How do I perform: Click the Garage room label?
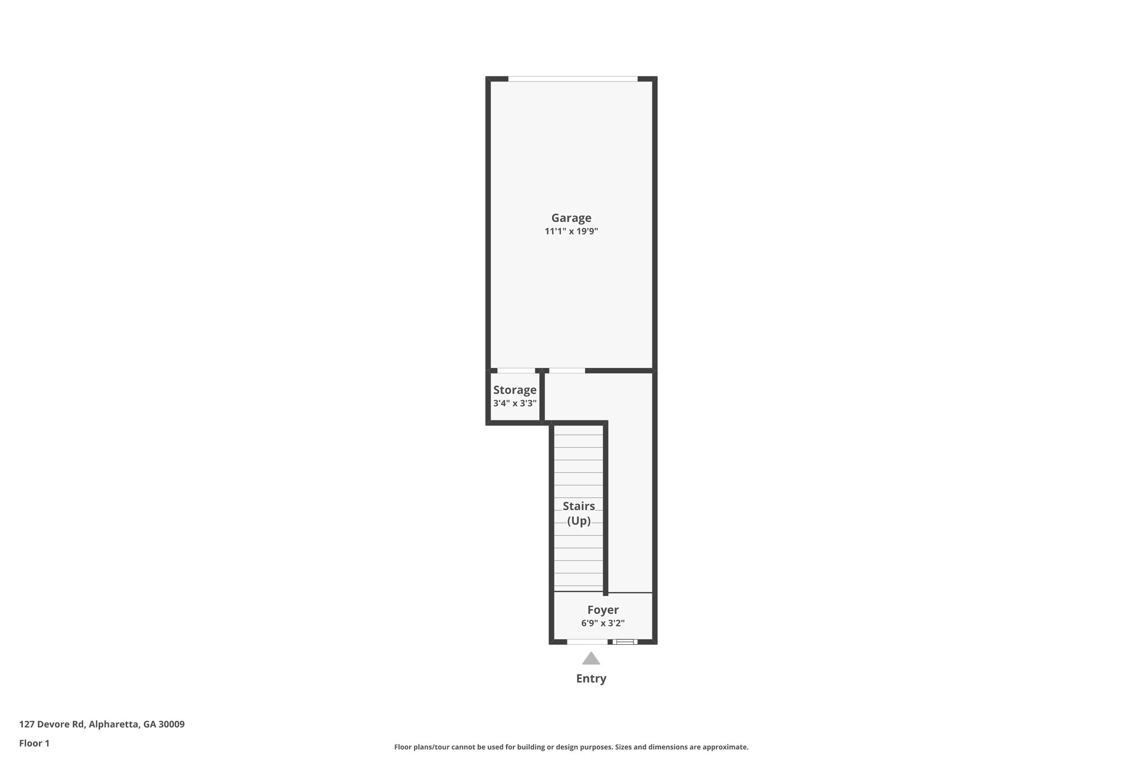tap(571, 218)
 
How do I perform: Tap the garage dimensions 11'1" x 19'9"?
tap(571, 231)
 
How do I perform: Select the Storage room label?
tap(515, 390)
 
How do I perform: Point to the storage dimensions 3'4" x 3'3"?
tap(515, 403)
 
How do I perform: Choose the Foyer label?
tap(603, 610)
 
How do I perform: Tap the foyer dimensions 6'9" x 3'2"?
tap(603, 623)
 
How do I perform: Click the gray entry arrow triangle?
tap(591, 659)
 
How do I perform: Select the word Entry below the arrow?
tap(591, 679)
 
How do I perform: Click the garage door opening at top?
tap(573, 79)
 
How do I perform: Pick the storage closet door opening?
tap(516, 371)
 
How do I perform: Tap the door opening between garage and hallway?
tap(567, 371)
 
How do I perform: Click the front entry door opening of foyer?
tap(587, 642)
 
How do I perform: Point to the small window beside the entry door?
tap(625, 642)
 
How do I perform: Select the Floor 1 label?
tap(35, 743)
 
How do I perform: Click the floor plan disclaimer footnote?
tap(571, 747)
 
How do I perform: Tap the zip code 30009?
tap(171, 724)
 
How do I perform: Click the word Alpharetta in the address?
tap(114, 724)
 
